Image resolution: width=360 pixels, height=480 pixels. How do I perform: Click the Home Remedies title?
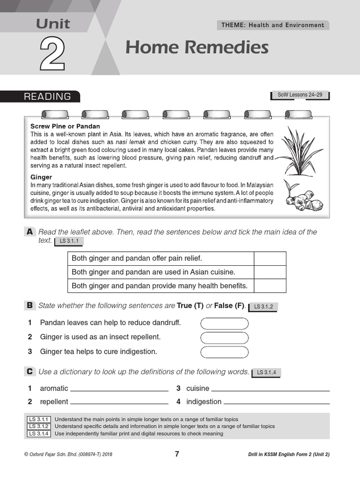(x=197, y=47)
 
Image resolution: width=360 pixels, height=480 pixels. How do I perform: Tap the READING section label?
(x=48, y=97)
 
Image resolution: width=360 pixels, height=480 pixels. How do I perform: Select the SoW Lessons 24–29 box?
(x=300, y=95)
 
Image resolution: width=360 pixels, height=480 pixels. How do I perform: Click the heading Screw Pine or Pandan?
(x=65, y=127)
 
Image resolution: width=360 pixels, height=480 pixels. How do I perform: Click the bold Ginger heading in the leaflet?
(x=41, y=178)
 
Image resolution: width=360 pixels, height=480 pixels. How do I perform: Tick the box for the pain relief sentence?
(x=270, y=258)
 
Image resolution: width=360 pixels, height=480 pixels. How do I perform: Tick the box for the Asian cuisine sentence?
(x=270, y=272)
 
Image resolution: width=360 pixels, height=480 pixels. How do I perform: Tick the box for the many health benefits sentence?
(x=270, y=285)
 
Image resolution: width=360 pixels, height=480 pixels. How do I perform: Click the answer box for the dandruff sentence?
(x=225, y=323)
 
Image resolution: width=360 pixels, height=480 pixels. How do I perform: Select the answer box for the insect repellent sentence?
(x=225, y=337)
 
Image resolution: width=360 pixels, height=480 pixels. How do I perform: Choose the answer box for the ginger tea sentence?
(x=225, y=352)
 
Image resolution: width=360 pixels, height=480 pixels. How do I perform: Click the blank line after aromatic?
(x=119, y=389)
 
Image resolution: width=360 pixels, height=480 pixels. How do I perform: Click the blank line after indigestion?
(x=277, y=402)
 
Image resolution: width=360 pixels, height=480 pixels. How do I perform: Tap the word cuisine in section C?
(x=198, y=389)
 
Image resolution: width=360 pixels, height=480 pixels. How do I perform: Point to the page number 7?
(x=177, y=454)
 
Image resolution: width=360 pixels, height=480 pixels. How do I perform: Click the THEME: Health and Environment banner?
(x=273, y=25)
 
